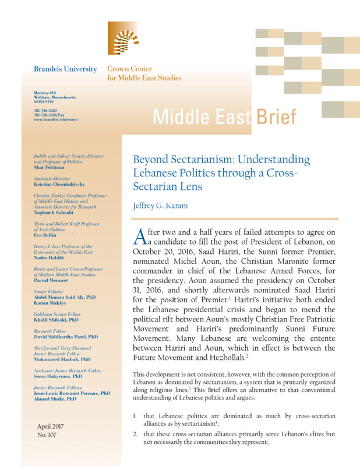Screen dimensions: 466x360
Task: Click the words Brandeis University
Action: (65, 69)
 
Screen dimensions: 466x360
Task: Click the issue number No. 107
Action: (46, 435)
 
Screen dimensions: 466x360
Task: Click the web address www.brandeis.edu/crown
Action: (56, 118)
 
